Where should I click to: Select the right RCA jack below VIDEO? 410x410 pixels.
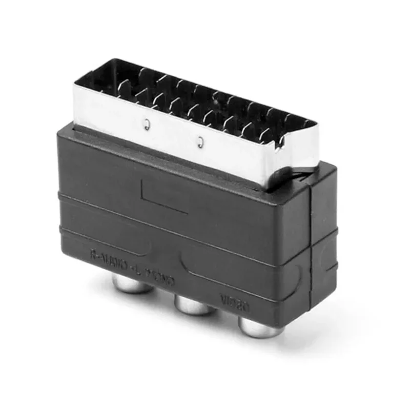click(x=260, y=327)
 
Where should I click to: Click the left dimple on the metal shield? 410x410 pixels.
click(x=147, y=125)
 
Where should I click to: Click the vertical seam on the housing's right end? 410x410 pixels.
click(x=311, y=246)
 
